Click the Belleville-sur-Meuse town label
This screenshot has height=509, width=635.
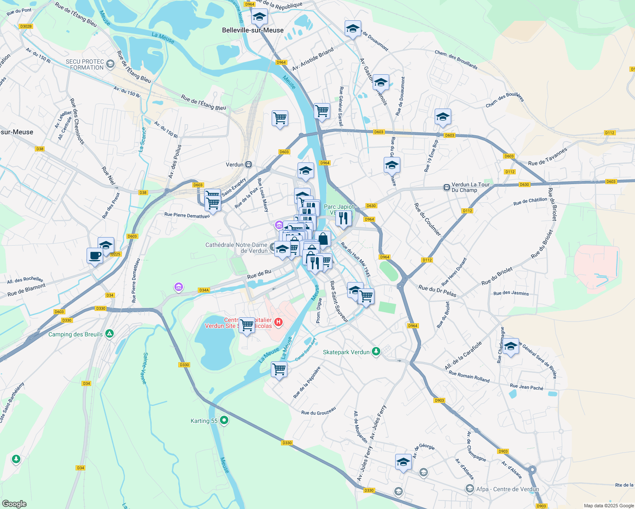click(253, 30)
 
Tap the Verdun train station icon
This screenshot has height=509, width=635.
click(249, 165)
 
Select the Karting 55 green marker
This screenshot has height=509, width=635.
click(224, 420)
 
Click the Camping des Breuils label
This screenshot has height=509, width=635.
click(76, 334)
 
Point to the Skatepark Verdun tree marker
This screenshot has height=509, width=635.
click(376, 352)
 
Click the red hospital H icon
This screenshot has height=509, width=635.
click(278, 322)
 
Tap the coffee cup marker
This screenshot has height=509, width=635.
click(95, 256)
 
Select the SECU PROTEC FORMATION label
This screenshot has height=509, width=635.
click(85, 64)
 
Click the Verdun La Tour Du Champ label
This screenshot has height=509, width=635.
click(470, 187)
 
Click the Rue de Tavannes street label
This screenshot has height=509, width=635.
click(548, 157)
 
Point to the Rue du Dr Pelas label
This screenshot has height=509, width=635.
click(437, 291)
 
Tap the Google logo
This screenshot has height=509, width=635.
click(14, 503)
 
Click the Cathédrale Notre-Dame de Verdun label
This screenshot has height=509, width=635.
click(236, 248)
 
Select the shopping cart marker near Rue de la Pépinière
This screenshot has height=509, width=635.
click(279, 369)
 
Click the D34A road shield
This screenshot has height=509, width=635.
click(204, 290)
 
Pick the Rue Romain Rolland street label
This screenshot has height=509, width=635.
click(469, 376)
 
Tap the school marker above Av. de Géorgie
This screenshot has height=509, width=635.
click(403, 461)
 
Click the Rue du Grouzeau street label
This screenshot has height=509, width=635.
click(318, 411)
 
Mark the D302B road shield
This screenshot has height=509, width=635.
click(26, 26)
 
